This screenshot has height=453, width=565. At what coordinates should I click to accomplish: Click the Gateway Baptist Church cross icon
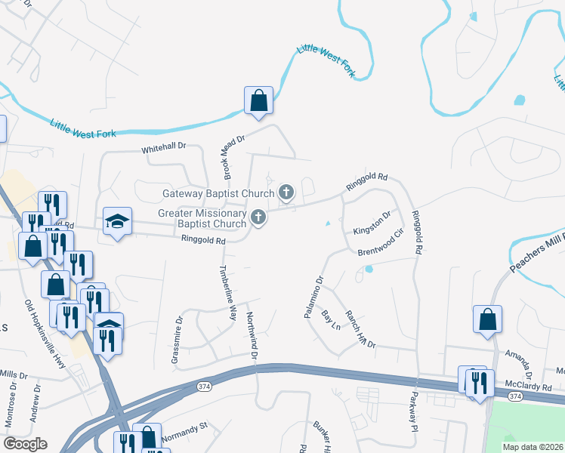click(x=286, y=193)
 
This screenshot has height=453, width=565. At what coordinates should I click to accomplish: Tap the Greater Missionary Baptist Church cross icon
click(x=258, y=218)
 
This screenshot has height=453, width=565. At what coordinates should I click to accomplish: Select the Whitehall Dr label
click(x=164, y=149)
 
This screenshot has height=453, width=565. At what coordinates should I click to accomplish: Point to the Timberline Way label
click(x=227, y=293)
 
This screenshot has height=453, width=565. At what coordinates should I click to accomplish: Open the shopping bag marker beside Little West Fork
click(x=258, y=100)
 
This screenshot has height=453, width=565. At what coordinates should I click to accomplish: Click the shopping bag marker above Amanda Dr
click(x=487, y=319)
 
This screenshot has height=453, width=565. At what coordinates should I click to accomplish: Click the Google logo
click(x=25, y=444)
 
